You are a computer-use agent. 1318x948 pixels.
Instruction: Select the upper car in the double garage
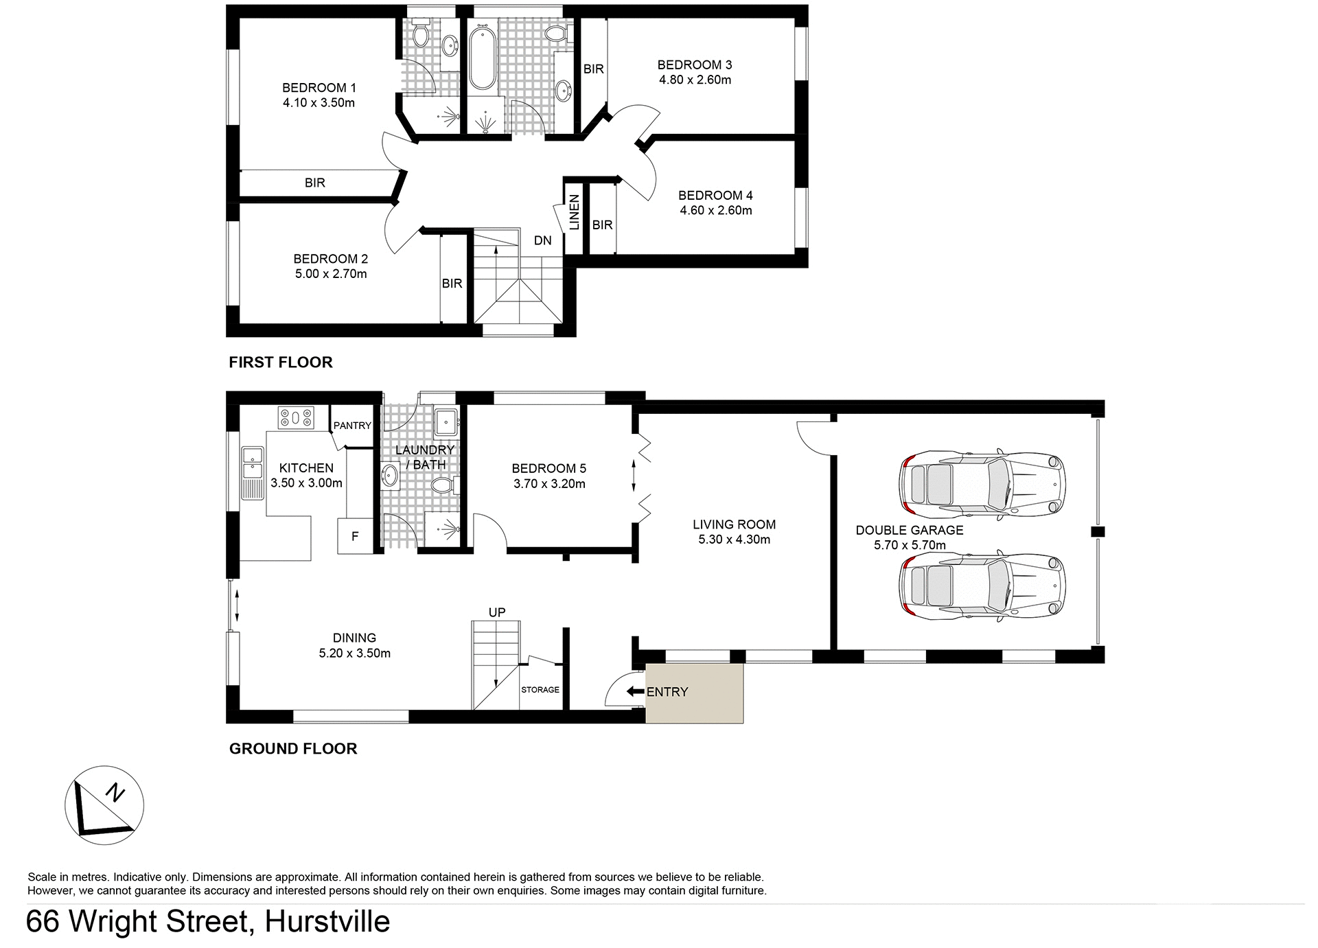point(982,485)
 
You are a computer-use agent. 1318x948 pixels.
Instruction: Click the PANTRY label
point(352,426)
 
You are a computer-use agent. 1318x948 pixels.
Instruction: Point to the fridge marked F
point(355,536)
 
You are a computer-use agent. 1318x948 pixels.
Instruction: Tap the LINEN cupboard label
point(575,211)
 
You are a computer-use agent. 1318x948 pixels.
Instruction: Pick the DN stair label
point(542,240)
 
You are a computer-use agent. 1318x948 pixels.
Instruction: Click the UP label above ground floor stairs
point(497,612)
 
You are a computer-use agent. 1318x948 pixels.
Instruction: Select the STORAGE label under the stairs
point(540,689)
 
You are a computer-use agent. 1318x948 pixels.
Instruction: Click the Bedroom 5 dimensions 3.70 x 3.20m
point(549,483)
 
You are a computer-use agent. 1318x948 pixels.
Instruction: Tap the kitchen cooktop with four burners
point(296,417)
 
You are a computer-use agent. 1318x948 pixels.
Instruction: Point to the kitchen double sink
point(252,463)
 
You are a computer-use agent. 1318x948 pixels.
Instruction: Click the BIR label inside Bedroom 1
point(315,183)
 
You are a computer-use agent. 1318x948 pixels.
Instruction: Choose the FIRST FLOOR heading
point(280,362)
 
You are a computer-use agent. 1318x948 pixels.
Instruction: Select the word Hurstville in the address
point(327,921)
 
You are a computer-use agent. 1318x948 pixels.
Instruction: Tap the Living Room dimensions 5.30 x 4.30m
point(734,540)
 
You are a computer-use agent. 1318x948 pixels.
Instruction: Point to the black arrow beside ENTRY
point(635,691)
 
